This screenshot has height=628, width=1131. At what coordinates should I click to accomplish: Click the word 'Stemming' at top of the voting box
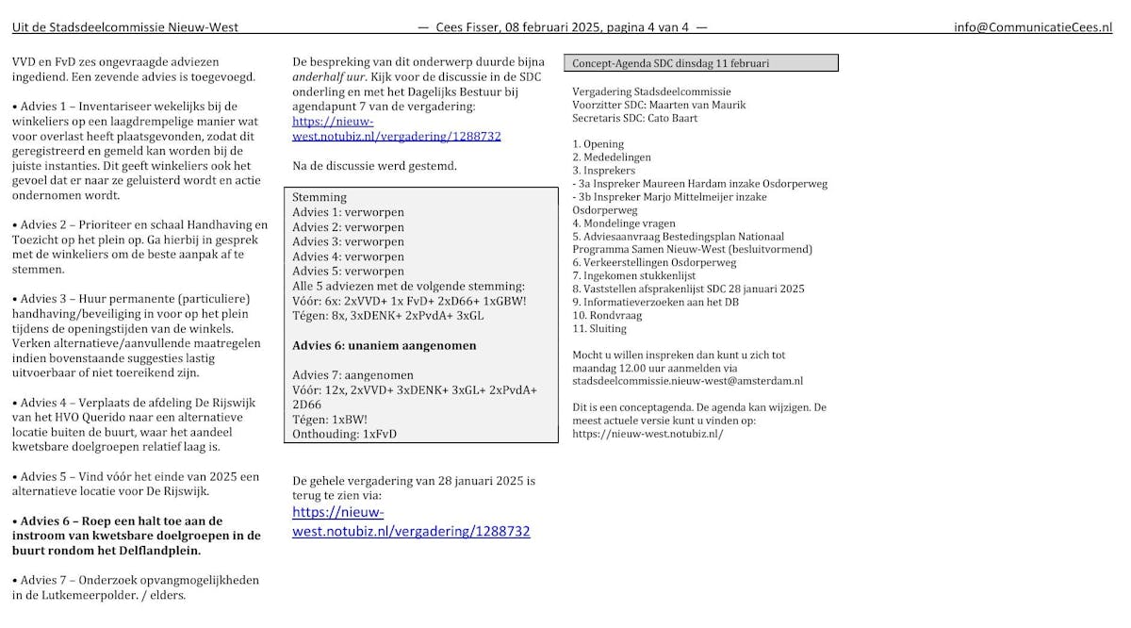coord(320,198)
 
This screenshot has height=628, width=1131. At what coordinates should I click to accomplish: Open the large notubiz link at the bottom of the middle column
coord(411,521)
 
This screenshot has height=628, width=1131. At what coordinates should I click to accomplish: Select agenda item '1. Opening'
coord(598,144)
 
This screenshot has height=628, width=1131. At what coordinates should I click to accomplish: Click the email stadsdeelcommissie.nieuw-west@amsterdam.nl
coord(687,381)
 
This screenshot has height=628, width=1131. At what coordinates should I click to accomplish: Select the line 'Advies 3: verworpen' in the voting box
coord(348,242)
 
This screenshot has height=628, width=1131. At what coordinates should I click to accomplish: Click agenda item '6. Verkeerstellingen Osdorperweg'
coord(654,263)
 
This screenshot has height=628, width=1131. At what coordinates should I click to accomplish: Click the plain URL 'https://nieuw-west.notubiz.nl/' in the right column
coord(647,434)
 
